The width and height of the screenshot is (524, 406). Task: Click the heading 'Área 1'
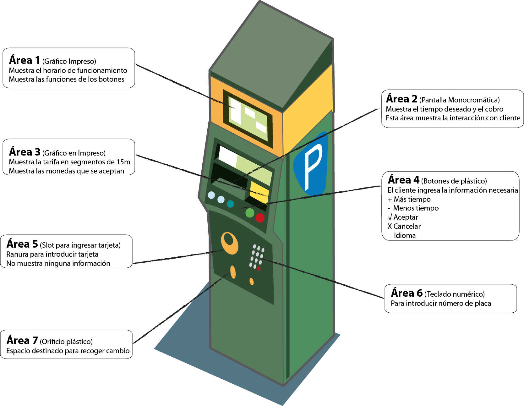pyautogui.click(x=25, y=60)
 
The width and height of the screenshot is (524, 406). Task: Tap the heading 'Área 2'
pyautogui.click(x=401, y=99)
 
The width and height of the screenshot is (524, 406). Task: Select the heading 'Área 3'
pyautogui.click(x=25, y=152)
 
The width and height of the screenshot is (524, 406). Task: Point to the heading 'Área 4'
pyautogui.click(x=403, y=180)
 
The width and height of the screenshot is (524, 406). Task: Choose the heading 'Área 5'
pyautogui.click(x=22, y=244)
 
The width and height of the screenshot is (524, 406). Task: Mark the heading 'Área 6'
pyautogui.click(x=407, y=293)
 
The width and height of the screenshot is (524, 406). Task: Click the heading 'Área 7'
pyautogui.click(x=22, y=341)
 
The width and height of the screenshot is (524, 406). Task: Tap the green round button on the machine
pyautogui.click(x=250, y=213)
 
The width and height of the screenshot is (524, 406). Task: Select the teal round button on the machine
pyautogui.click(x=230, y=204)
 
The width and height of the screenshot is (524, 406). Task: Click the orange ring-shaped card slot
pyautogui.click(x=229, y=243)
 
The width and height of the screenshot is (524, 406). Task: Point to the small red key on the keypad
pyautogui.click(x=259, y=269)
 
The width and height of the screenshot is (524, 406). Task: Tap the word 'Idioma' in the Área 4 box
pyautogui.click(x=405, y=235)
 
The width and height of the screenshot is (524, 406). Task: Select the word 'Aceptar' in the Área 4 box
pyautogui.click(x=406, y=217)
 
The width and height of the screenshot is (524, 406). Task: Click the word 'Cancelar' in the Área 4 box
pyautogui.click(x=407, y=226)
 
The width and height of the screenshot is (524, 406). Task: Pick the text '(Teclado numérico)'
pyautogui.click(x=454, y=294)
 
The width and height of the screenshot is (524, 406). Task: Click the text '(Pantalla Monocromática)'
pyautogui.click(x=459, y=100)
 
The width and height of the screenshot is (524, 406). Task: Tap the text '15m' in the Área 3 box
pyautogui.click(x=123, y=162)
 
